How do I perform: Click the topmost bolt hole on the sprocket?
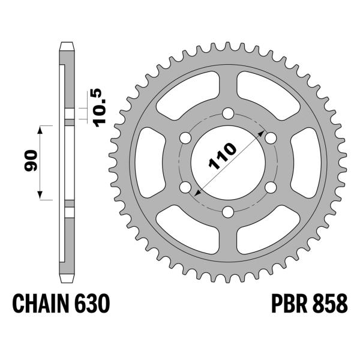pos(228,113)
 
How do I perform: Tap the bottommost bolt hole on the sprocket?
pos(228,212)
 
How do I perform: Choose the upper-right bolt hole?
pos(271,139)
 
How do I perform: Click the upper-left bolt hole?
pos(185,138)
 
